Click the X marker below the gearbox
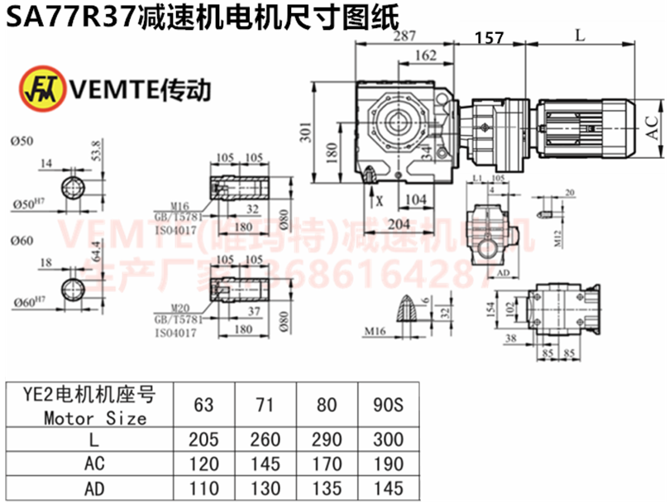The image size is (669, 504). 380,199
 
